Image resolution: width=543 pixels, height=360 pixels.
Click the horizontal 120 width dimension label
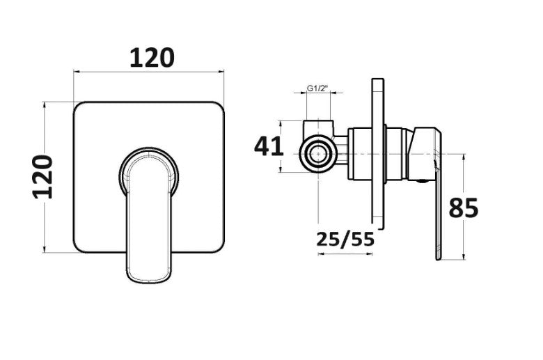click(152, 58)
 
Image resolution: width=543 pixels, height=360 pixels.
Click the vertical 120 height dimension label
click(43, 177)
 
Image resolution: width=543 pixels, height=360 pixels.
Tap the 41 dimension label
click(269, 146)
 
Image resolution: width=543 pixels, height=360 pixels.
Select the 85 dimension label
click(464, 208)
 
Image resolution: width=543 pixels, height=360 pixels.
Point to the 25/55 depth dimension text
click(345, 240)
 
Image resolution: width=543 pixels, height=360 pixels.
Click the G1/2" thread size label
click(317, 88)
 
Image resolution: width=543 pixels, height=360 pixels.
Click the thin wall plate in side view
click(378, 154)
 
